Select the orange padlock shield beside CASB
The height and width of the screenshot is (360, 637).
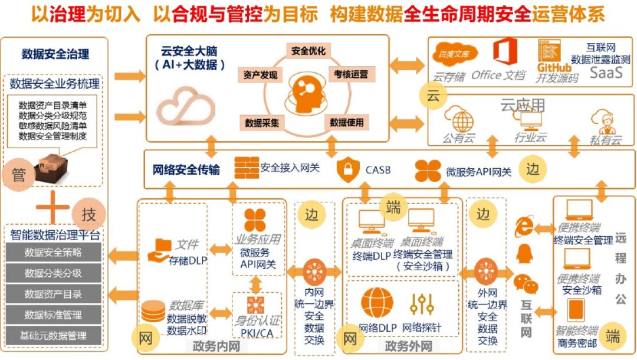[x=348, y=170]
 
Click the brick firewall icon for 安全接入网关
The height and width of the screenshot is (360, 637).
[x=246, y=168]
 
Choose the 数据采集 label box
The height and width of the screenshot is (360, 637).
[x=262, y=123]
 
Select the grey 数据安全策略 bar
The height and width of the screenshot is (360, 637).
[x=53, y=253]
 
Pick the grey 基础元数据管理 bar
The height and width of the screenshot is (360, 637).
[x=53, y=336]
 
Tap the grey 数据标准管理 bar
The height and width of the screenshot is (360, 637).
[x=53, y=315]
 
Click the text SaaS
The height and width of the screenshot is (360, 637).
[x=606, y=73]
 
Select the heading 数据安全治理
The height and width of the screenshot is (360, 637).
[x=55, y=54]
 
